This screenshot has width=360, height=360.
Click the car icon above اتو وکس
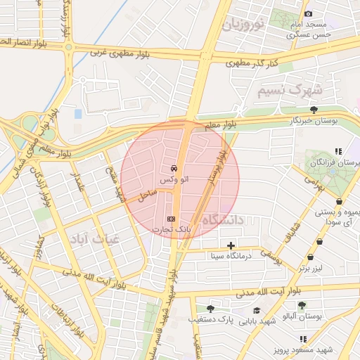[x=173, y=169]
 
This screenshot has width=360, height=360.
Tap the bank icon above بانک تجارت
[x=170, y=218]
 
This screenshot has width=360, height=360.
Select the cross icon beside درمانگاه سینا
[x=231, y=245]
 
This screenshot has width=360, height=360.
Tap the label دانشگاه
[x=223, y=220]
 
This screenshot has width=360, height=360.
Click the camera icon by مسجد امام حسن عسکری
[x=308, y=14]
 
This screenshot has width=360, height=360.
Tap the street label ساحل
[x=146, y=195]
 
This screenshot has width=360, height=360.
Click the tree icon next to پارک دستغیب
[x=210, y=308]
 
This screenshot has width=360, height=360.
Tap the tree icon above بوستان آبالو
[x=302, y=305]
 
